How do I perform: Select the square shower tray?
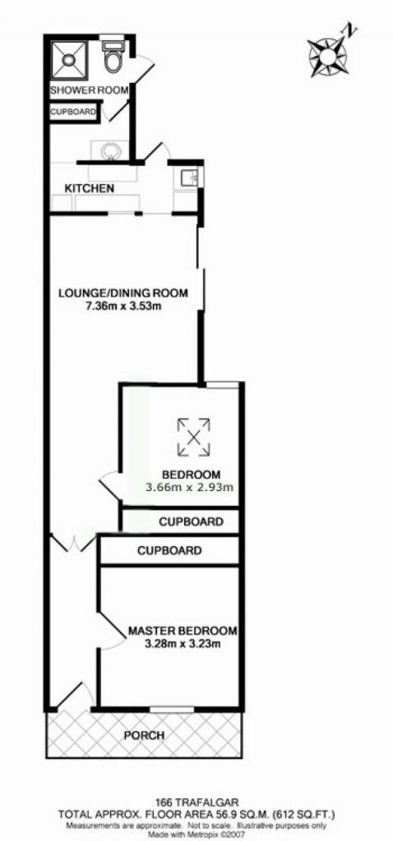[69, 58]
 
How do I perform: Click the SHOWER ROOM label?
[89, 90]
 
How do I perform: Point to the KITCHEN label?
[89, 189]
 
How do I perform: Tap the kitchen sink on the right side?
[188, 177]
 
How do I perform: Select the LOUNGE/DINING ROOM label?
[123, 293]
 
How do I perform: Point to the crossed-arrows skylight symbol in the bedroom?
[193, 437]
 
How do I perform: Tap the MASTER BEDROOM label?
[183, 631]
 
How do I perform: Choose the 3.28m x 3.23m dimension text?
[183, 644]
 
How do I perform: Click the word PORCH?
[144, 735]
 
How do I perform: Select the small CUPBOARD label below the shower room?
[73, 112]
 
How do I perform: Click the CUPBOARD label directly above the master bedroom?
[169, 551]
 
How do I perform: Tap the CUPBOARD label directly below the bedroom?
[191, 522]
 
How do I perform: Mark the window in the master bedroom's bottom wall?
[172, 710]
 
